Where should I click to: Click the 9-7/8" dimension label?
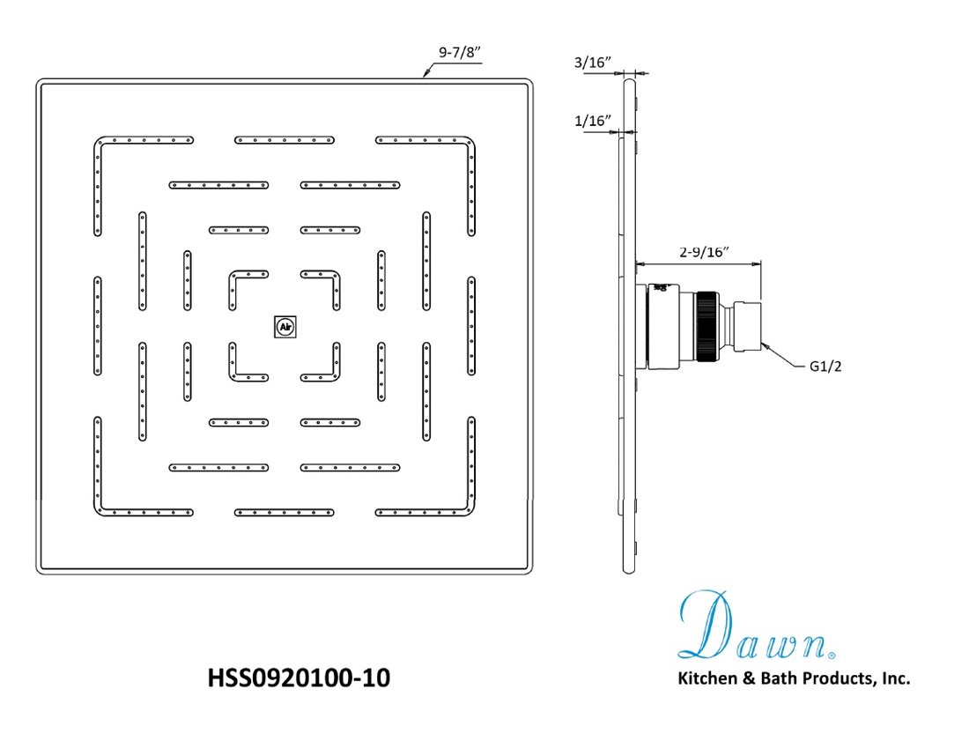pos(459,52)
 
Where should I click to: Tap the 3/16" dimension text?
pos(593,63)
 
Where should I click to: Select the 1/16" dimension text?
pos(593,121)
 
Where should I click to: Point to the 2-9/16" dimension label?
pos(704,251)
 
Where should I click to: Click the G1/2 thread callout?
pos(825,367)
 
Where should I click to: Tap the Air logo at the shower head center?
pos(285,327)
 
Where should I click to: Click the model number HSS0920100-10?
pos(299,678)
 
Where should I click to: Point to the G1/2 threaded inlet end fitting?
pos(747,327)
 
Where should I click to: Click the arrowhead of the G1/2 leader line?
pos(766,346)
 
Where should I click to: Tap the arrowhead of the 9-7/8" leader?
pos(425,73)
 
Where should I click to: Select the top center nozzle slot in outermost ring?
pos(285,140)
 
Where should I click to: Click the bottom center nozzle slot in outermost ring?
pos(285,512)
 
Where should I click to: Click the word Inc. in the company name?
pos(896,678)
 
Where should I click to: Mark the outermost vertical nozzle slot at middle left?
pos(98,326)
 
